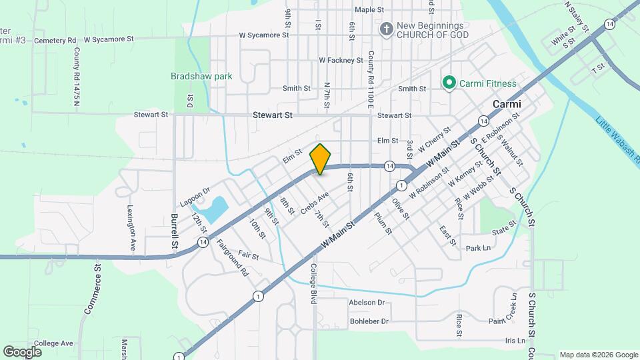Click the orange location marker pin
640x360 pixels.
point(321,159)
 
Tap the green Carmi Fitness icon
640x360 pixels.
point(449,83)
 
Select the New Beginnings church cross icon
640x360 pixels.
point(386,29)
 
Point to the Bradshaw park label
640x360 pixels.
point(201,76)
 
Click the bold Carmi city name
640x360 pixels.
point(507,105)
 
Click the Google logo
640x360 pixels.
point(23,351)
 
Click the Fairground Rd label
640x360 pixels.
point(232,259)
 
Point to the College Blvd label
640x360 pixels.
point(313,283)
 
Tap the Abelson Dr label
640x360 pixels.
point(367,302)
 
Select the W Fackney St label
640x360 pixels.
point(341,60)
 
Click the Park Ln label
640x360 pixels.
point(478,248)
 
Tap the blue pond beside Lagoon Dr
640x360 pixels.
point(217,209)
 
